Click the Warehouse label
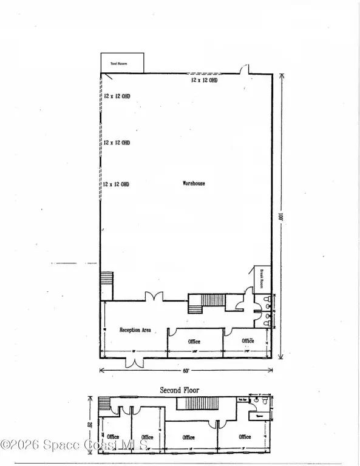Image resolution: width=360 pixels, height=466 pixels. point(194,183)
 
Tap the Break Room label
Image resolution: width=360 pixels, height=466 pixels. point(257,278)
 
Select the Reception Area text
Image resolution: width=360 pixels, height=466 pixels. point(135,330)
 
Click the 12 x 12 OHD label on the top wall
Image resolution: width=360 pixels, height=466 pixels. point(204,79)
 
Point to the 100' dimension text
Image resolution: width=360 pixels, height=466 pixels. point(281,216)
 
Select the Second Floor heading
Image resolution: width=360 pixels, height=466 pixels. point(179,390)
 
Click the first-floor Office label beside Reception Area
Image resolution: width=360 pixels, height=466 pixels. point(193,342)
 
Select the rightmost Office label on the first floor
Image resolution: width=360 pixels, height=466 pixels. point(248,341)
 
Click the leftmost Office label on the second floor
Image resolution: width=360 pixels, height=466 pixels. point(113,437)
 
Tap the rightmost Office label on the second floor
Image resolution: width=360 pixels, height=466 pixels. point(245,437)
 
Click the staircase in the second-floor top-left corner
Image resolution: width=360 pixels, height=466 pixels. point(105,404)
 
